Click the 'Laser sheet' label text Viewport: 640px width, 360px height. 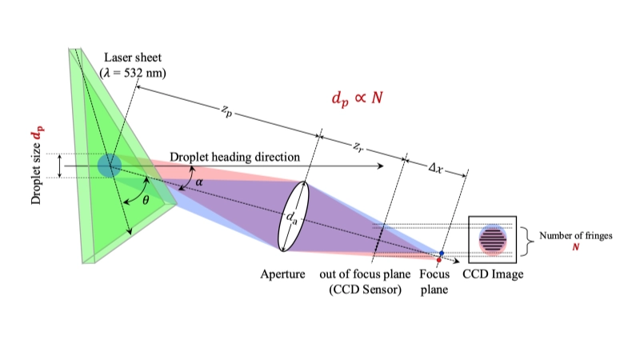(x=133, y=58)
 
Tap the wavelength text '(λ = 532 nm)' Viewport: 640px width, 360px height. (x=133, y=72)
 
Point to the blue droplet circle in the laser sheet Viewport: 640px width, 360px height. (x=110, y=166)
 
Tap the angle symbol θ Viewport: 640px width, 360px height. (x=145, y=200)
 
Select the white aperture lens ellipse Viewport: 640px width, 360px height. (x=292, y=215)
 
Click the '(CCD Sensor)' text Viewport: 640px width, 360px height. (x=366, y=289)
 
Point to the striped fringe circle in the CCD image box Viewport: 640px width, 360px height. (x=492, y=238)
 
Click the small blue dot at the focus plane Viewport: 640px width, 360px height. (x=441, y=254)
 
